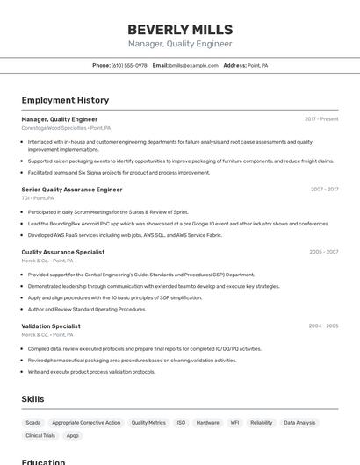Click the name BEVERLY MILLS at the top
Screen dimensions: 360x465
point(180,29)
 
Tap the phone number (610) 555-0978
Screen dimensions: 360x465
point(129,66)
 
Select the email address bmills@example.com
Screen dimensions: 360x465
point(193,66)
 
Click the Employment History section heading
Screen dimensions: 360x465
point(65,100)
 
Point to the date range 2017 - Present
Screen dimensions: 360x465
point(321,119)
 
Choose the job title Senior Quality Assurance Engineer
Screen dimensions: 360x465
point(72,189)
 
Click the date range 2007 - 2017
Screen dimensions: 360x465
point(324,189)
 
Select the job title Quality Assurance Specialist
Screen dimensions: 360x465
point(63,252)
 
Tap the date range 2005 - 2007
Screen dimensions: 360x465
point(323,252)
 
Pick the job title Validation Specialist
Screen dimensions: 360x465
point(51,326)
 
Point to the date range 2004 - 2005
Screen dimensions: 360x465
point(323,326)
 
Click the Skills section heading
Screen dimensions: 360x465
point(32,399)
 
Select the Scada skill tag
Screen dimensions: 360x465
point(33,423)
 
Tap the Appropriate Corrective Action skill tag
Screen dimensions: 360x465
point(86,423)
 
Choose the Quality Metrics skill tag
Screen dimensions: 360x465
point(148,423)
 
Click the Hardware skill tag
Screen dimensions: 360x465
point(208,423)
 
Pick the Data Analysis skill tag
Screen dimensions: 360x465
point(299,423)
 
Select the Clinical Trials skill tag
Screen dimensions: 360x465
point(40,435)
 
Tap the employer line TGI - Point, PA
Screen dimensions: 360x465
point(38,198)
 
